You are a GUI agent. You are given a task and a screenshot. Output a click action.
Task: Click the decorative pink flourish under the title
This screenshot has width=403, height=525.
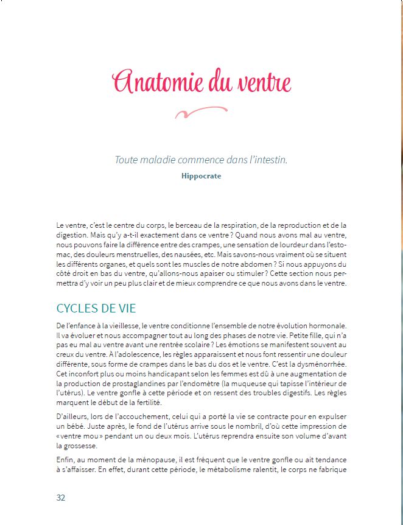[x=200, y=112]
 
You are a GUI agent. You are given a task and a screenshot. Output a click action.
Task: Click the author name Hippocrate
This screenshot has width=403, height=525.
[x=201, y=176]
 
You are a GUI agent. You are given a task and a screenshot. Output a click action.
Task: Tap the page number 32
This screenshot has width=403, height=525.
[x=60, y=498]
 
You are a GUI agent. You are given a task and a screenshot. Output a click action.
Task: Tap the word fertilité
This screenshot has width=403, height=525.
[x=124, y=402]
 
